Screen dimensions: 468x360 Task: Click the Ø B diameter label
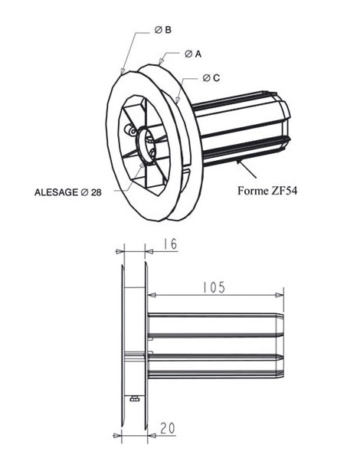click(x=162, y=30)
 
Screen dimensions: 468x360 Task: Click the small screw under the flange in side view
click(x=134, y=398)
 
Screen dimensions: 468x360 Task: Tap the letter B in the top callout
click(x=168, y=30)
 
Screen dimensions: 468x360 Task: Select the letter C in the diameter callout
click(x=218, y=78)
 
